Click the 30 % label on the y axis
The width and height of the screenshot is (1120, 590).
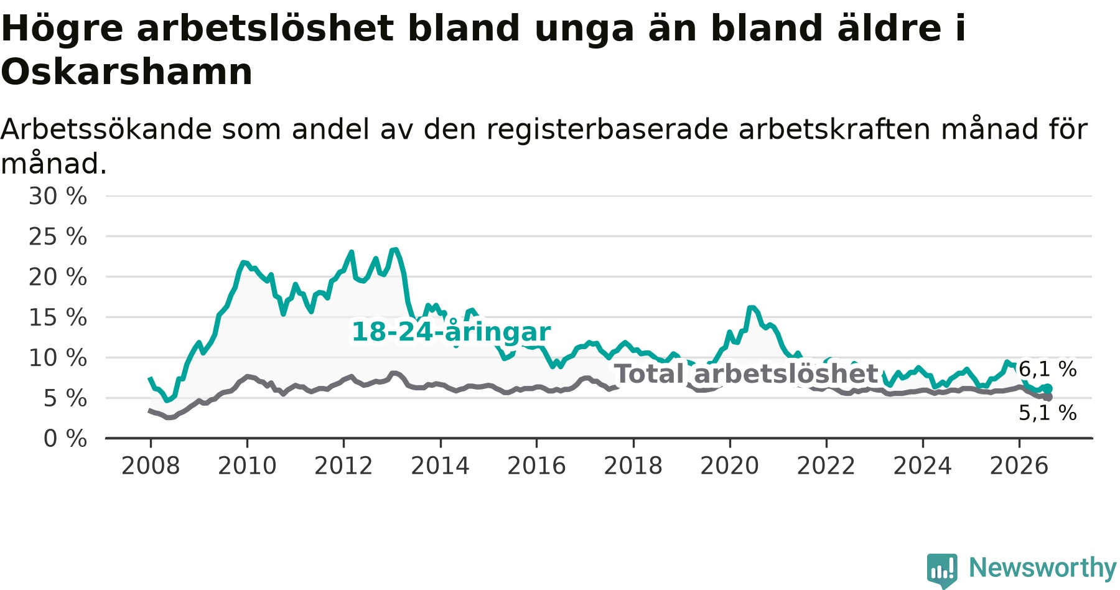[58, 196]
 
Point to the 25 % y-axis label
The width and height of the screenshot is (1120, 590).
[58, 236]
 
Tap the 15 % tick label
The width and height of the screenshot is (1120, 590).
[58, 317]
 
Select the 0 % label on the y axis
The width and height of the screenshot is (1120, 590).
[65, 439]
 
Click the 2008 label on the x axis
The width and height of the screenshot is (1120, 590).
[151, 466]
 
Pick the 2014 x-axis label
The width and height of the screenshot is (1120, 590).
[440, 466]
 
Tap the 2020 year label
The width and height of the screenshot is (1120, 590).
[730, 466]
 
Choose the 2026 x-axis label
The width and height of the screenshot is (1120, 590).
[1019, 466]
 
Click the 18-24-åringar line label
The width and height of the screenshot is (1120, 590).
[451, 332]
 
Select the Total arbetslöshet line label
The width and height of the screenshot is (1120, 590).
[746, 374]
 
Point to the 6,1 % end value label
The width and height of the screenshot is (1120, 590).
[1048, 369]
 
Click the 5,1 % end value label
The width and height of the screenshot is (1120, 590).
[1048, 413]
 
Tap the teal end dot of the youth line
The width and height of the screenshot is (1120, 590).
[1048, 389]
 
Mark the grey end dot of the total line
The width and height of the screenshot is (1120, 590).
[1048, 397]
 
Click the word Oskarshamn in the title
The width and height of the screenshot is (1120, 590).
[127, 72]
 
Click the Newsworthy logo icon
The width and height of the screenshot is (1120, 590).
[942, 570]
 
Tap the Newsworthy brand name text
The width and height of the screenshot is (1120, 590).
[1043, 568]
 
